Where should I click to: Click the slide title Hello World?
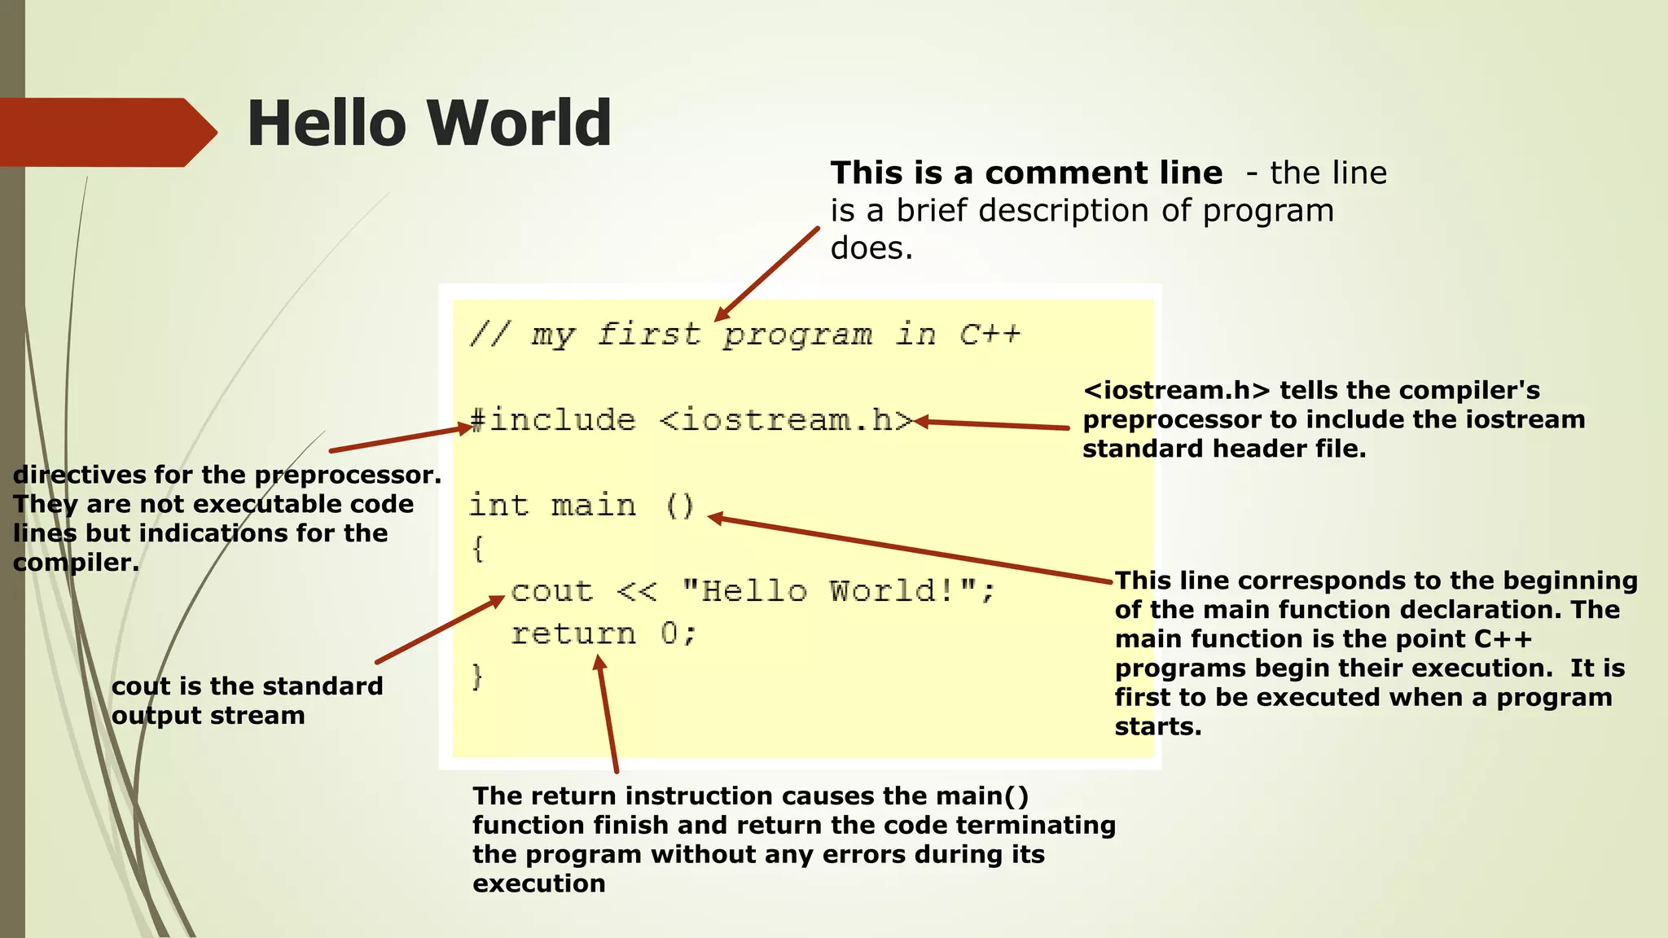pos(428,123)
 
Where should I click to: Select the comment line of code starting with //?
pos(744,335)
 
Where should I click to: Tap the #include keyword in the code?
pos(553,420)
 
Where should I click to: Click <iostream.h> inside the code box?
pos(786,420)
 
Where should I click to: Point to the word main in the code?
pos(593,506)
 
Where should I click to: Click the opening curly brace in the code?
pos(478,548)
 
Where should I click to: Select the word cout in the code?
pos(552,591)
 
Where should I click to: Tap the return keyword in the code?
pos(573,633)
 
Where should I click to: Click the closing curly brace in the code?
pos(478,677)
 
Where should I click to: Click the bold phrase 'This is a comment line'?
pos(1026,173)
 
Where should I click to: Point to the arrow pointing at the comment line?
pos(767,274)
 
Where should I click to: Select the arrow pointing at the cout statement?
pos(441,629)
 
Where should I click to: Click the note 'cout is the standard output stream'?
pos(247,701)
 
